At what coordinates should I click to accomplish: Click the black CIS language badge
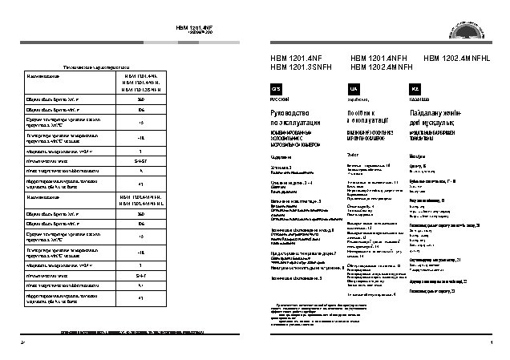277,87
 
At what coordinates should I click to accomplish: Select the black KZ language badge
415,87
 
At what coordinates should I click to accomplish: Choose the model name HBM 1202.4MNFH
379,67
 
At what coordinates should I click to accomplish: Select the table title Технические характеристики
97,67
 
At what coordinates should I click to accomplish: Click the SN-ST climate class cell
141,160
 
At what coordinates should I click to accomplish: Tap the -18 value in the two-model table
141,251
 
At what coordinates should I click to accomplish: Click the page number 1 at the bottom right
488,342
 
